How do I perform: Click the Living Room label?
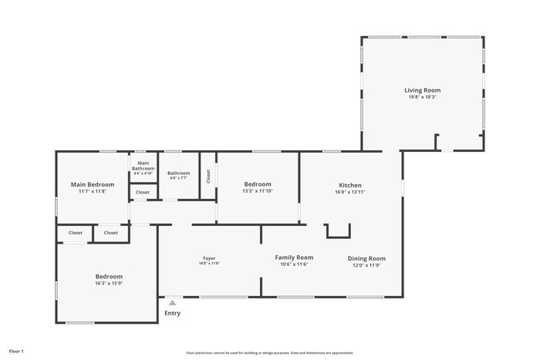422,90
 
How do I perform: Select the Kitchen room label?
350,185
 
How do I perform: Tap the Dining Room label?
366,258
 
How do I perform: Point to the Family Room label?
294,257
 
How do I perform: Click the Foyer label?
209,258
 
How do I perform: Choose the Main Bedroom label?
93,184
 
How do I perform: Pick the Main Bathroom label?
143,166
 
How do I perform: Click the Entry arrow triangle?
172,303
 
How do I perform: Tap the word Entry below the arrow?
172,313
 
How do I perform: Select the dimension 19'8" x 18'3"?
422,97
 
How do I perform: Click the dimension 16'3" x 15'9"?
109,283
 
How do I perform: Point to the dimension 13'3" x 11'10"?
258,191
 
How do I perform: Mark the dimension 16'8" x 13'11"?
350,192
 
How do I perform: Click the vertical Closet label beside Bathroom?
208,176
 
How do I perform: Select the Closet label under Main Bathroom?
143,193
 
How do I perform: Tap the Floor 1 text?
16,351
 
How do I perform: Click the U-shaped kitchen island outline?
338,232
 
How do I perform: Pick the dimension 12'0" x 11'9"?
366,265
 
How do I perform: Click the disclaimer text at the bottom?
269,352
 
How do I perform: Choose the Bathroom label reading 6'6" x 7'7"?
178,173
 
